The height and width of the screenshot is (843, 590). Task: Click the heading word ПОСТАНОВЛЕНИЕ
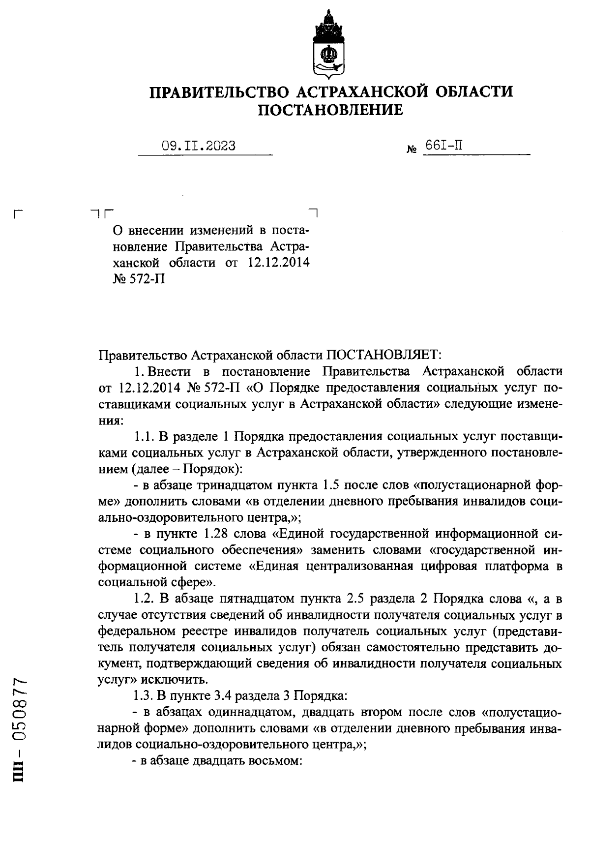click(331, 110)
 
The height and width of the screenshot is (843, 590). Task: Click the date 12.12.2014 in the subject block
click(278, 262)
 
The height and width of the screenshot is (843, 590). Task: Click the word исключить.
click(167, 680)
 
